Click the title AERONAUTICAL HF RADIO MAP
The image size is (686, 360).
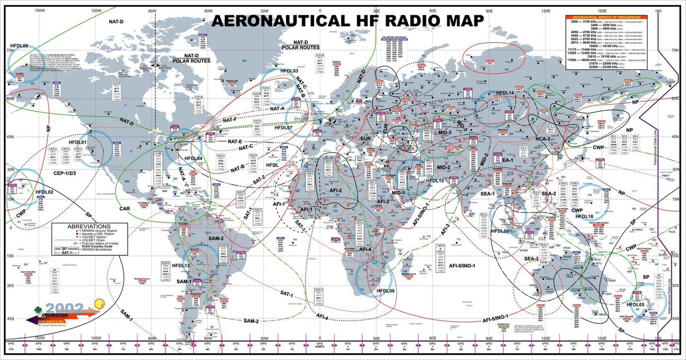point(347,21)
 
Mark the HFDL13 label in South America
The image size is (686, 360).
point(181,266)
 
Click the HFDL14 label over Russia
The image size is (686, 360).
point(504,93)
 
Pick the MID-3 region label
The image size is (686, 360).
point(441,132)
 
